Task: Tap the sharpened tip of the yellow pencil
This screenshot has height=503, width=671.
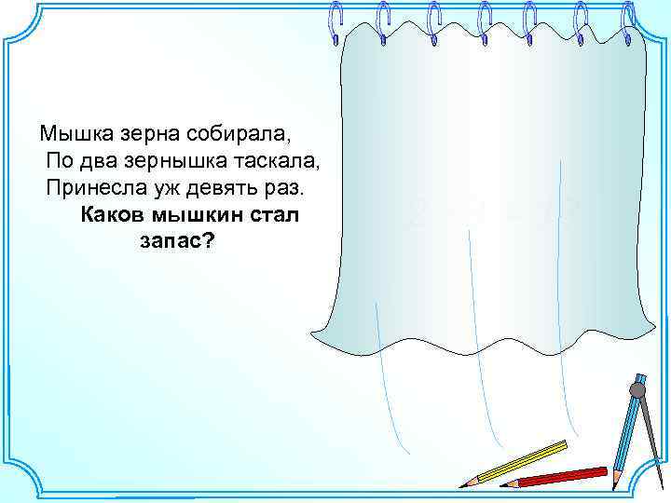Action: [x=462, y=484]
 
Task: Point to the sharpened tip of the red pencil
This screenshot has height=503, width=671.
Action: [x=504, y=483]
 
